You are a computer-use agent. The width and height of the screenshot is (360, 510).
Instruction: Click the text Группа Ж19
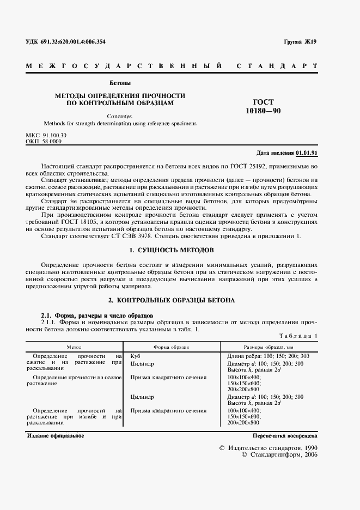click(x=300, y=41)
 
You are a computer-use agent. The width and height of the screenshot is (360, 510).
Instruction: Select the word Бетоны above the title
click(x=120, y=83)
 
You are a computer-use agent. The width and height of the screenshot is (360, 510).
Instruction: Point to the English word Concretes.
click(x=120, y=116)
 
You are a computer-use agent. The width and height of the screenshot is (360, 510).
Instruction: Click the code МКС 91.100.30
click(x=46, y=135)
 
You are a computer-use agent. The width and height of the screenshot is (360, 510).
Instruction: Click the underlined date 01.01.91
click(x=307, y=153)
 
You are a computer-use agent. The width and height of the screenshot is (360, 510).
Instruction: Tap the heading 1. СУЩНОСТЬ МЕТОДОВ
click(x=172, y=250)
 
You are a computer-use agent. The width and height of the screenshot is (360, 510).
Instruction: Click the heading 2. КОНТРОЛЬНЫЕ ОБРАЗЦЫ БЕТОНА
click(x=172, y=300)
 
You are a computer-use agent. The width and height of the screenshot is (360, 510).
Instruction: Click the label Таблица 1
click(x=298, y=337)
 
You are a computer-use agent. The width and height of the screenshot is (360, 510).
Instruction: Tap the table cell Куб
click(x=135, y=355)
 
